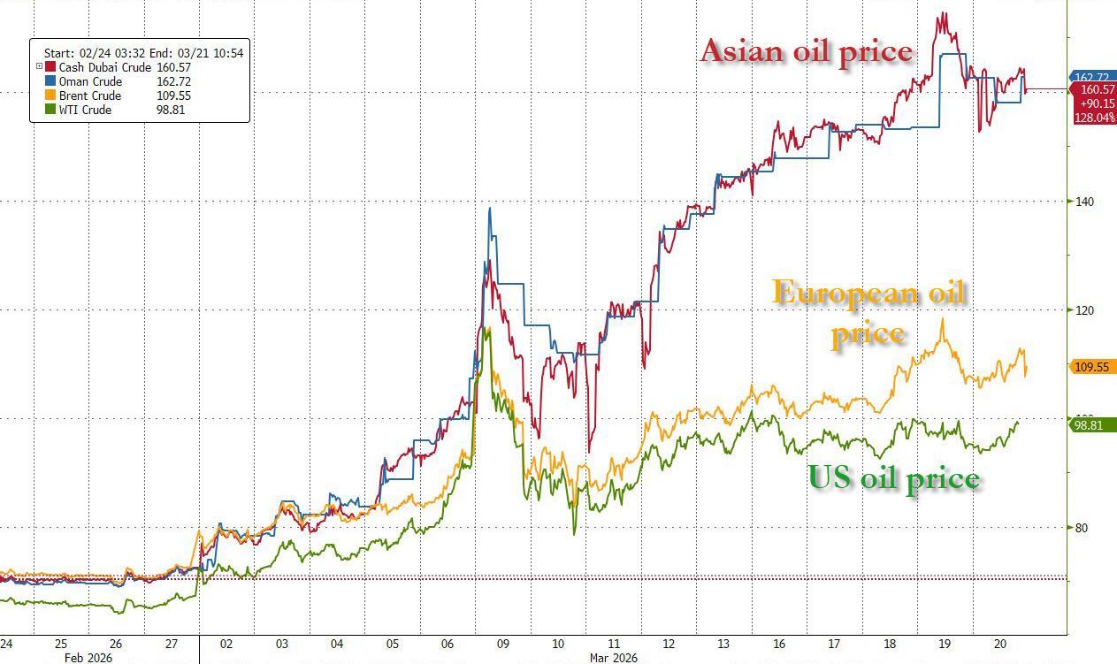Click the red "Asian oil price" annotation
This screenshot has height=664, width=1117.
806,51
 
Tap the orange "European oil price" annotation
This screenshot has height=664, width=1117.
868,311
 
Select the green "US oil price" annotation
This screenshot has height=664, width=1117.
894,478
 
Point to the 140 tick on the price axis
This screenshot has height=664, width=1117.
1083,202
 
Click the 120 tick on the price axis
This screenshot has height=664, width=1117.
1083,310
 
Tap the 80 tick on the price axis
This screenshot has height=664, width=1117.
1081,528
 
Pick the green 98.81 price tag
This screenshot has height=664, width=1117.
1091,425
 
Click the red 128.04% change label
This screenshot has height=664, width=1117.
1093,117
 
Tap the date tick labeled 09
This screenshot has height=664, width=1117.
502,644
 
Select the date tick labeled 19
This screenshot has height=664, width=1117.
945,644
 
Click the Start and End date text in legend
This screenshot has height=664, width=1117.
143,53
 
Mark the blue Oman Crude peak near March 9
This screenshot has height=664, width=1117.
490,209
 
